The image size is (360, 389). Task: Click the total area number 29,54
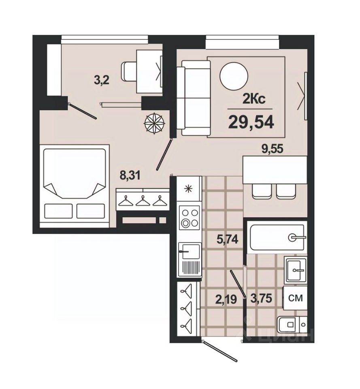tap(251, 122)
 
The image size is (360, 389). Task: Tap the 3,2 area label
tap(102, 80)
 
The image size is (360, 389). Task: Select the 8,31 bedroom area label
tap(130, 175)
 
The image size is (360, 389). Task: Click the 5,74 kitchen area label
tap(227, 240)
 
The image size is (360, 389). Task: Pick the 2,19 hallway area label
tap(226, 299)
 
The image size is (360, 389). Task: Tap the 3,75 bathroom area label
tap(261, 298)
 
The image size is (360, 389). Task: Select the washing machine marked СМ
tap(295, 298)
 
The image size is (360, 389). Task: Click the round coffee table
tap(234, 76)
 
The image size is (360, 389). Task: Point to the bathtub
tap(277, 237)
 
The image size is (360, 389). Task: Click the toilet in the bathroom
tap(292, 324)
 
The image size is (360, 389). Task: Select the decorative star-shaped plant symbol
tap(154, 123)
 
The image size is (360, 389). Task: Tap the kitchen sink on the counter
tap(190, 251)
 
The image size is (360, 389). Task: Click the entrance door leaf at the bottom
tap(220, 351)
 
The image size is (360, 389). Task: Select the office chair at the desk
tap(129, 71)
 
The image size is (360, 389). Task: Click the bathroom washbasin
tap(296, 270)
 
